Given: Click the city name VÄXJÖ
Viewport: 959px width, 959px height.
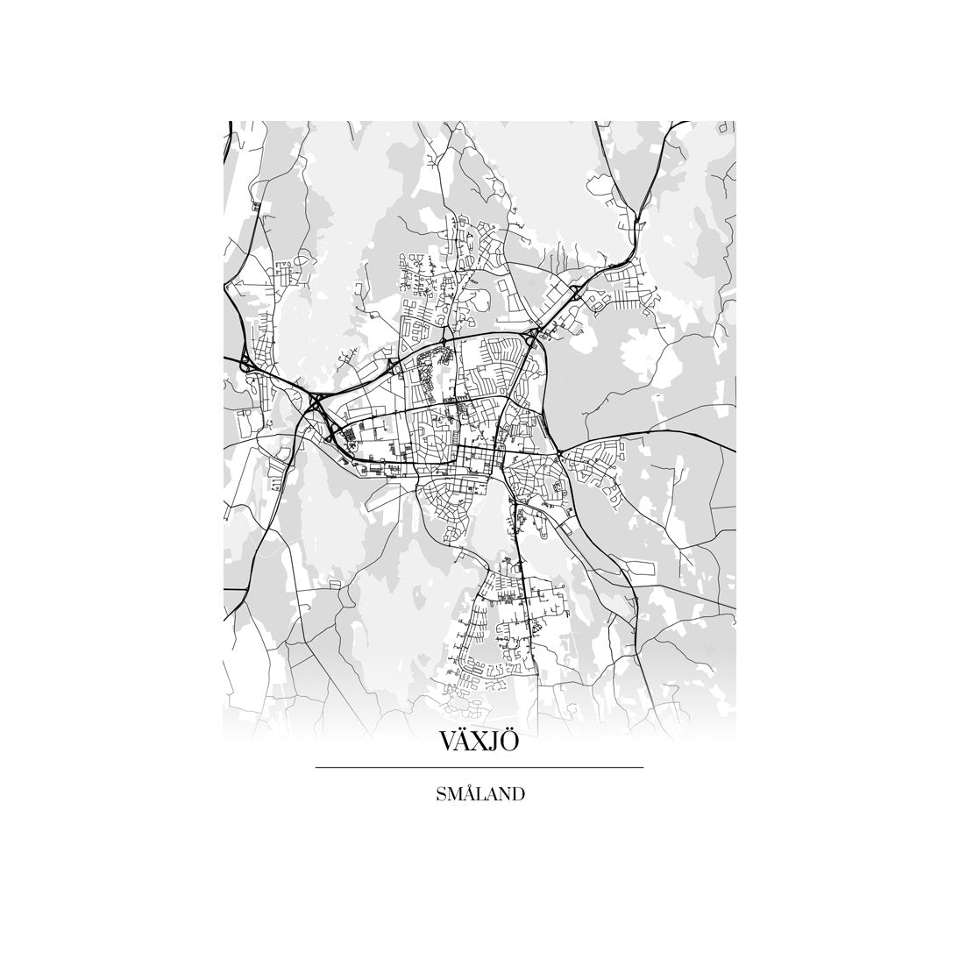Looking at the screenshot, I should [x=479, y=741].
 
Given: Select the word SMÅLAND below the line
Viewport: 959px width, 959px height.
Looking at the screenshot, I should [x=479, y=794].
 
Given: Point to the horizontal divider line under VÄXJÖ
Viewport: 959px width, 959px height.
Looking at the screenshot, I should [x=479, y=768].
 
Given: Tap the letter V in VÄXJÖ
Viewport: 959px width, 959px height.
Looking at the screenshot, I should [x=447, y=742].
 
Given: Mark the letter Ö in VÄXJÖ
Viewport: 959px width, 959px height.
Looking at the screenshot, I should [x=510, y=742].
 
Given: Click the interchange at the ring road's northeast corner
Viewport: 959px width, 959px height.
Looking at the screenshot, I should [x=533, y=336].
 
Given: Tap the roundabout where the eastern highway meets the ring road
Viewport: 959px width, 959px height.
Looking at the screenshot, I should [x=559, y=453].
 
